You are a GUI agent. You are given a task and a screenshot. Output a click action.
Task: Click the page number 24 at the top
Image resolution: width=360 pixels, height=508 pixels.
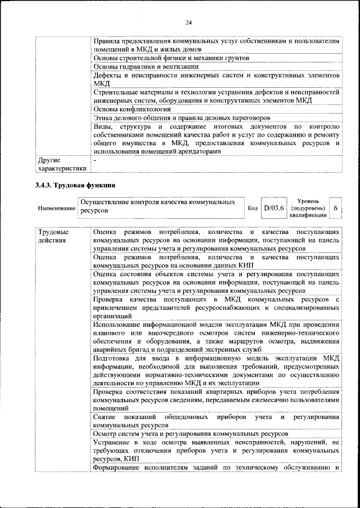[x=188, y=22]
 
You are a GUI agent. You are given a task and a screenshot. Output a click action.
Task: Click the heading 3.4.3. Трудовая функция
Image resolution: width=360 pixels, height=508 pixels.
[x=76, y=185]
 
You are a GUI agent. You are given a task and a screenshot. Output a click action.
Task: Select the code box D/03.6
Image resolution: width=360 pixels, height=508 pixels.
[x=274, y=208]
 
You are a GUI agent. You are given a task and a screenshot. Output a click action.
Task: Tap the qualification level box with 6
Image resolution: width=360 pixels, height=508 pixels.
[x=335, y=208]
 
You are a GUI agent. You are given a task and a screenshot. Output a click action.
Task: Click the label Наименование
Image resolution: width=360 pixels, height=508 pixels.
[x=56, y=208]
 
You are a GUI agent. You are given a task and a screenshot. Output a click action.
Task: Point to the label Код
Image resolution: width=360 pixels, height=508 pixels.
[x=253, y=208]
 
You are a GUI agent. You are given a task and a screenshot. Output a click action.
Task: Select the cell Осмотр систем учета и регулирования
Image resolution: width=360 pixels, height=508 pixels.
[x=191, y=434]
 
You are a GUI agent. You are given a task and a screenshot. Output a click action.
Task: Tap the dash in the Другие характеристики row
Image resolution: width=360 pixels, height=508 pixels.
[x=95, y=160]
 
